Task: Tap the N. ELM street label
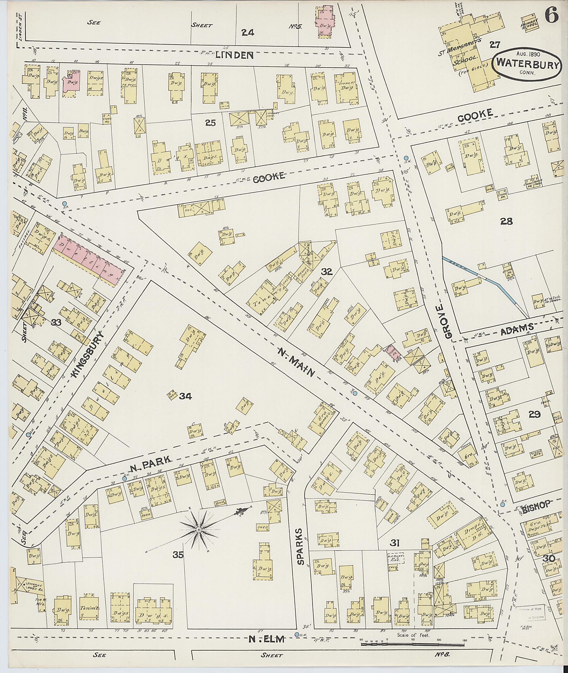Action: click(x=267, y=631)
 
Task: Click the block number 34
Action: click(x=186, y=396)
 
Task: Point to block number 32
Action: click(x=326, y=272)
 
